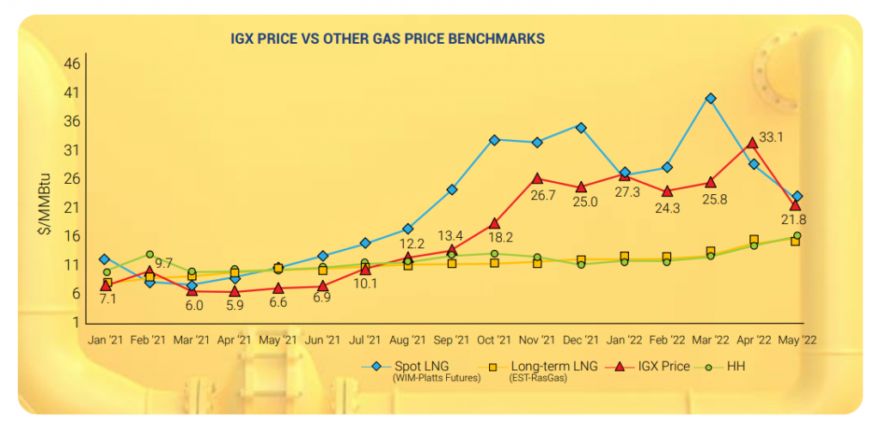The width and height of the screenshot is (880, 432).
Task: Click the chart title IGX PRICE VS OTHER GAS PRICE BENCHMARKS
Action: point(388,39)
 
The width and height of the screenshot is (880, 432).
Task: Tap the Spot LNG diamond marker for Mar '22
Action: point(711,99)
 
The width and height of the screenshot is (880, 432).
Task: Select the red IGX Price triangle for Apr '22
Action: point(753,142)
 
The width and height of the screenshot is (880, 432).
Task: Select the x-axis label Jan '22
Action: point(624,340)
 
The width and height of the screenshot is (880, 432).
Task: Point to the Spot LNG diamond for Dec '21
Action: point(581,128)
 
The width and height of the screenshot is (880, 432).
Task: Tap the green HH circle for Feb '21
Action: point(150,254)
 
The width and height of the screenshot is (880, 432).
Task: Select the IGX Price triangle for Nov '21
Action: point(537,179)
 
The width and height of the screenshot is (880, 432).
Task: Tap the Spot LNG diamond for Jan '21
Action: point(105,259)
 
